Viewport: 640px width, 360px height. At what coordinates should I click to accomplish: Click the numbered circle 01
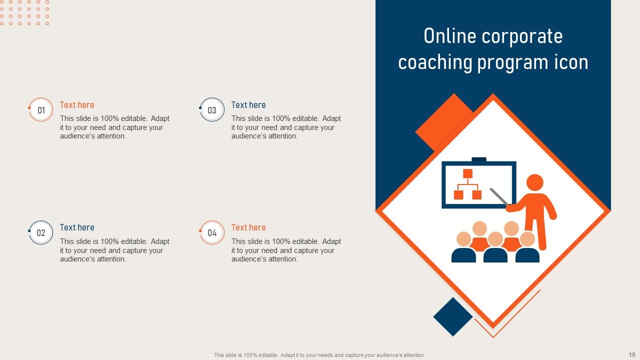(41, 109)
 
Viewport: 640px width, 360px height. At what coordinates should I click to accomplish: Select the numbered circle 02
(41, 232)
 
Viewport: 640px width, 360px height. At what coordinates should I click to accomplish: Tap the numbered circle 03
(212, 109)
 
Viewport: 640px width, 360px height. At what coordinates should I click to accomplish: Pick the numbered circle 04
(212, 232)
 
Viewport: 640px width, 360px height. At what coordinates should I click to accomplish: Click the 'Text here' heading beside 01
(77, 105)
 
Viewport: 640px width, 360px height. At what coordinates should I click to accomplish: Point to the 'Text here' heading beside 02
(77, 227)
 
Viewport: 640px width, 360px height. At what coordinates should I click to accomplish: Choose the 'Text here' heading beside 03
(248, 105)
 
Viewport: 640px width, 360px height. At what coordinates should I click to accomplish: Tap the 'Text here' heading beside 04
(248, 227)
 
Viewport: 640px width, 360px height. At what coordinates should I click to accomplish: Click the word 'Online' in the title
(450, 36)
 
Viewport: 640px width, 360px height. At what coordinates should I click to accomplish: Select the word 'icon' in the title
(571, 62)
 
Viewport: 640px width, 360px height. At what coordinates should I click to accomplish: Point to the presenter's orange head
(535, 182)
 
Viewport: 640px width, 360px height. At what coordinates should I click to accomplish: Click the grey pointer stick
(499, 196)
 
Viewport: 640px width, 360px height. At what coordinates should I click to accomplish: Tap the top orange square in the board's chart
(467, 173)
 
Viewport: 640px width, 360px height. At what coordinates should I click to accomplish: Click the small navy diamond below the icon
(453, 316)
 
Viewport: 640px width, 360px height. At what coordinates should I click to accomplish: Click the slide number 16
(632, 354)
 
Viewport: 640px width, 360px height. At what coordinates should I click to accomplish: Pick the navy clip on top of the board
(479, 159)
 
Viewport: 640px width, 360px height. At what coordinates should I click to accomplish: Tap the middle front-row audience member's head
(495, 239)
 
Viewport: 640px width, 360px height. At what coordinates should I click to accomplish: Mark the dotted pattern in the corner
(24, 12)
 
